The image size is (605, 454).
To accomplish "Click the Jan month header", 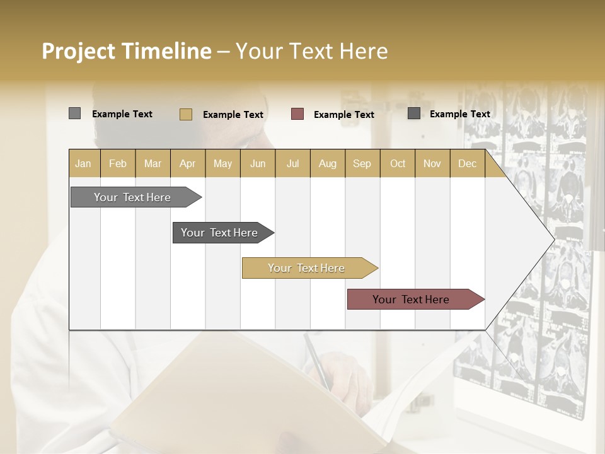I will pyautogui.click(x=84, y=164).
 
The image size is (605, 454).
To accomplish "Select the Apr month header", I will pyautogui.click(x=188, y=164).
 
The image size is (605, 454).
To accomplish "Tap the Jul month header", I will pyautogui.click(x=292, y=164).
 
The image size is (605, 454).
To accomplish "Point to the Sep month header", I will pyautogui.click(x=362, y=164).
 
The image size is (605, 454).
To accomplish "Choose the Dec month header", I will pyautogui.click(x=467, y=164).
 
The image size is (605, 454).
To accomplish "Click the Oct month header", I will pyautogui.click(x=397, y=164).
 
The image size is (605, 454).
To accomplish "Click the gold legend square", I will pyautogui.click(x=186, y=114).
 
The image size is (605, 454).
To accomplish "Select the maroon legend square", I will pyautogui.click(x=297, y=114).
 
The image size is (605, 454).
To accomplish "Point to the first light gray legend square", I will pyautogui.click(x=75, y=113).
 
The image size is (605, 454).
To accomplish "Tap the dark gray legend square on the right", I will pyautogui.click(x=414, y=113).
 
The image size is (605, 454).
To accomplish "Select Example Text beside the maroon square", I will pyautogui.click(x=343, y=115).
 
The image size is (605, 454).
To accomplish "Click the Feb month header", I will pyautogui.click(x=118, y=164).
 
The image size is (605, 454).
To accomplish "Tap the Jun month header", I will pyautogui.click(x=258, y=164).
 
